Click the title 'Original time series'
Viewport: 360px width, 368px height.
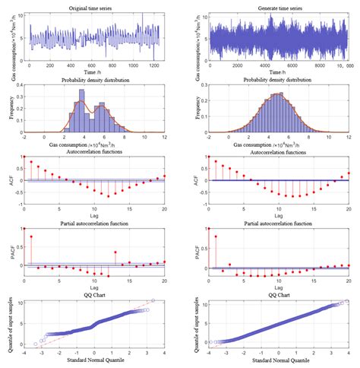[94, 6]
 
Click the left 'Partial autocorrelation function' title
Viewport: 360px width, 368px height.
[94, 221]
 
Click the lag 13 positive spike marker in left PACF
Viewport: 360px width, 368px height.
[115, 252]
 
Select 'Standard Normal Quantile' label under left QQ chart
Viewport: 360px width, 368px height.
[94, 360]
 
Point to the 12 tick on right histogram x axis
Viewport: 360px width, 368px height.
[351, 136]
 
